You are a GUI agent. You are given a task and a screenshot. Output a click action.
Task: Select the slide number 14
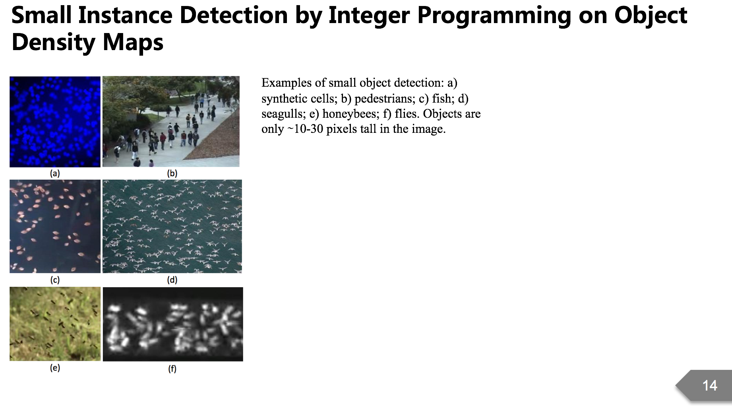point(710,385)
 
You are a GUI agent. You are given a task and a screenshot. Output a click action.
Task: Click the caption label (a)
point(55,173)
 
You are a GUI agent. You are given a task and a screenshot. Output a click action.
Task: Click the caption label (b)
point(172,173)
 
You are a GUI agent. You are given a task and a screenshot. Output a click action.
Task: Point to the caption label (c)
point(55,280)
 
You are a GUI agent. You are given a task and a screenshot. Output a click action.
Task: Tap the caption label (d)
point(172,280)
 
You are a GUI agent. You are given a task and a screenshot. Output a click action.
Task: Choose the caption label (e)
point(55,368)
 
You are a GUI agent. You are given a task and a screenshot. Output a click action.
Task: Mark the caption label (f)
point(172,369)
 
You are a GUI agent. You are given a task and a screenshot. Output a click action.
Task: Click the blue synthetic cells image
point(55,122)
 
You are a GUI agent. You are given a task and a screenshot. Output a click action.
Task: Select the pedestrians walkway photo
point(171,121)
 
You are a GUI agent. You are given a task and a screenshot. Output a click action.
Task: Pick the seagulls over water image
point(172,226)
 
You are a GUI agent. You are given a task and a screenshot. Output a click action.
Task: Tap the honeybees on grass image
point(55,324)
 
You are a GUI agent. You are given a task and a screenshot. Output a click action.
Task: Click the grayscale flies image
point(172,324)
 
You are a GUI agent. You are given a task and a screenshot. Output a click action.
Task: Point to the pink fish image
point(55,226)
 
